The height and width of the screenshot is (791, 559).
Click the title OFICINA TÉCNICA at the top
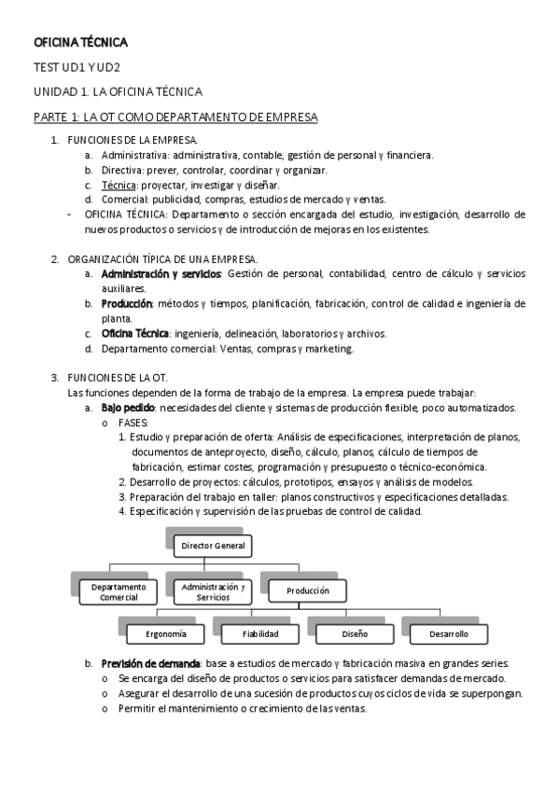coord(80,43)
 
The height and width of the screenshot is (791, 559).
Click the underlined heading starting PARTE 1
coord(175,117)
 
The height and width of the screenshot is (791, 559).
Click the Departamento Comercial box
coord(119,591)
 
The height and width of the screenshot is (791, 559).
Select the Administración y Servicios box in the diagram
coord(214,591)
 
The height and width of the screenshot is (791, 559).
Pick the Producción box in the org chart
coord(308,590)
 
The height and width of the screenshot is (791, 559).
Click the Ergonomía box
coord(166,634)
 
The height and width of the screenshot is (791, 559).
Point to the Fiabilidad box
coord(260,634)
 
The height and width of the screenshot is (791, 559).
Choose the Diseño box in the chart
coord(355,634)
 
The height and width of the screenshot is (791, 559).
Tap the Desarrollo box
coord(449,634)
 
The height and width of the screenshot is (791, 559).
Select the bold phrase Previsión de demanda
coord(150,663)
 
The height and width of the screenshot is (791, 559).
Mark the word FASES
coord(133,423)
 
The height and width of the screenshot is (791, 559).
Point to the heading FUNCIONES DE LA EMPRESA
coord(132,140)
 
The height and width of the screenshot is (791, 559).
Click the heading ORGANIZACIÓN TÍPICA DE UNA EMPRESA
coord(164,258)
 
